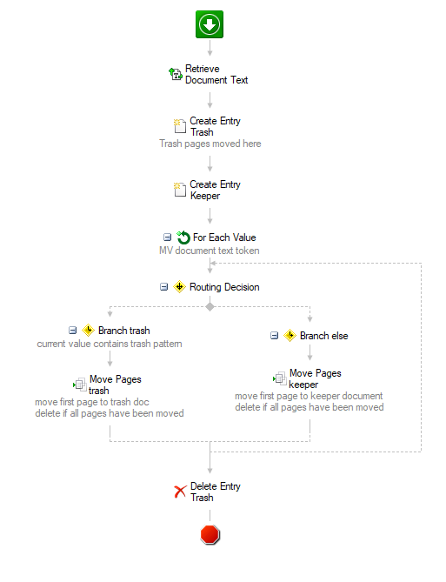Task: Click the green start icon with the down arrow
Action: click(x=210, y=24)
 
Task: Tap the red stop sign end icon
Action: click(x=210, y=535)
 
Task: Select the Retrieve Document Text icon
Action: click(x=176, y=74)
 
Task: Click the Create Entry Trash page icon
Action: click(x=180, y=126)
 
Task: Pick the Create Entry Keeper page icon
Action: click(x=180, y=190)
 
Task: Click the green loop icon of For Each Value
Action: click(x=183, y=237)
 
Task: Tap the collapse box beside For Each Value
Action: click(x=167, y=237)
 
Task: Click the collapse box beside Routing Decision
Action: click(x=164, y=287)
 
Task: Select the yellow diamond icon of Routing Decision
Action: click(x=180, y=287)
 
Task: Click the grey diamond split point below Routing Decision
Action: click(x=210, y=306)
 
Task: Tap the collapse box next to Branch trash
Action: click(x=73, y=331)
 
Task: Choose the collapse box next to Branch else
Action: click(x=274, y=336)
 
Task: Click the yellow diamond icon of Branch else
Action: click(x=290, y=336)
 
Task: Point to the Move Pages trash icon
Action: click(x=80, y=385)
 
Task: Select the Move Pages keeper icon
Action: click(x=280, y=378)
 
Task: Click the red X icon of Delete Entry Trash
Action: click(x=180, y=492)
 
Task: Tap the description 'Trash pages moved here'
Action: click(x=210, y=144)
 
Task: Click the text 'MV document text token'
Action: click(x=210, y=251)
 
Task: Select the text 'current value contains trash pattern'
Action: click(x=110, y=344)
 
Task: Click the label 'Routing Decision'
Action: click(x=224, y=287)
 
